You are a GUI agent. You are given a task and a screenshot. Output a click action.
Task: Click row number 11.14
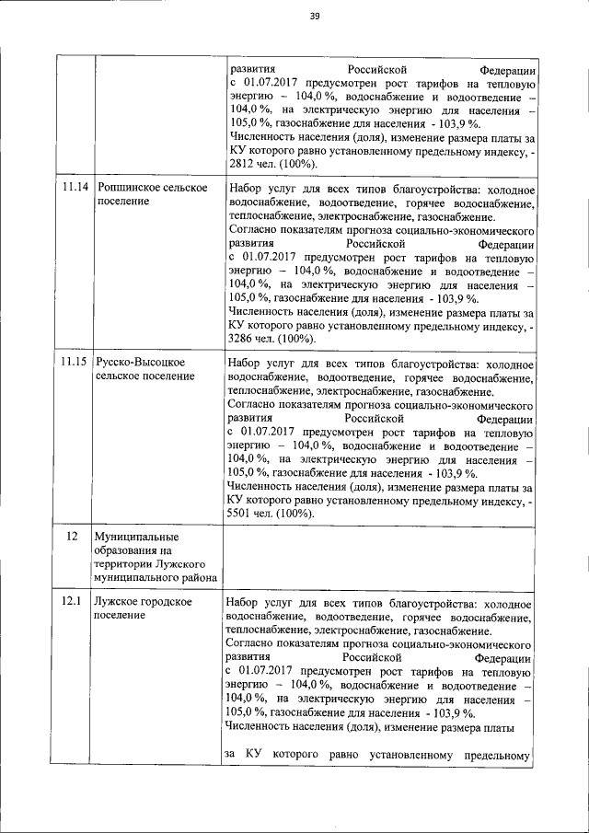(x=75, y=189)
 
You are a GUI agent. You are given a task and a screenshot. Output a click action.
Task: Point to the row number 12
(x=68, y=536)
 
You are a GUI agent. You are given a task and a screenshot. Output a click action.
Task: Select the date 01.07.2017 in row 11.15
(x=271, y=432)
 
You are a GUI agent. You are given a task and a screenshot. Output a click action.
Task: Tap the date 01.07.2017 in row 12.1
(x=271, y=671)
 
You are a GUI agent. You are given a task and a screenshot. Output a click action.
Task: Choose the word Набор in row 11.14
(x=243, y=189)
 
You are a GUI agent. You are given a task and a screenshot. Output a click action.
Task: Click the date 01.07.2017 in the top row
(x=271, y=84)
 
